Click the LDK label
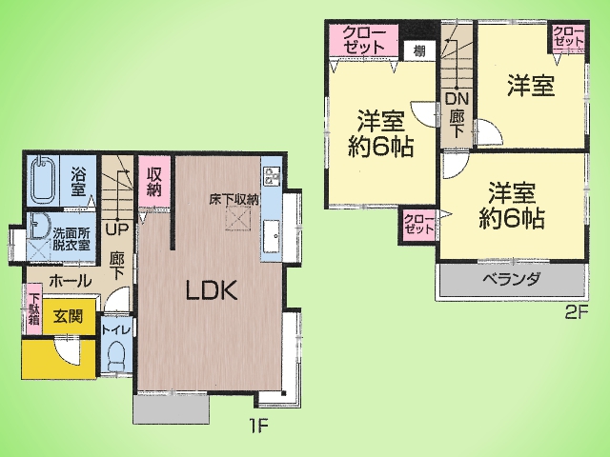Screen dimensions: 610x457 click(x=212, y=291)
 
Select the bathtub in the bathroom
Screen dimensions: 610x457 click(x=43, y=180)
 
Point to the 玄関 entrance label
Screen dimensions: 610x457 click(x=68, y=316)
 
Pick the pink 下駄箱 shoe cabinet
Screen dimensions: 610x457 click(x=34, y=308)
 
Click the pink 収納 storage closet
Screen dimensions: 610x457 click(x=154, y=182)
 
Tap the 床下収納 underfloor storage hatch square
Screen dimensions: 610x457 click(x=238, y=219)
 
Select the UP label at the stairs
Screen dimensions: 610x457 click(x=117, y=230)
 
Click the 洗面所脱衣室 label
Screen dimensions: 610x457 click(x=71, y=239)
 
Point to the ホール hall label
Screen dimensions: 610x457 click(x=71, y=280)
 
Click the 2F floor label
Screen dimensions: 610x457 click(x=576, y=313)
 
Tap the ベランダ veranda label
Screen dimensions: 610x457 click(x=512, y=279)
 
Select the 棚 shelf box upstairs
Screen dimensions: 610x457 click(x=419, y=50)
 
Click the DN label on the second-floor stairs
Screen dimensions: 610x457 click(x=457, y=99)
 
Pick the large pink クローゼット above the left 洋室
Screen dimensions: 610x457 click(x=364, y=41)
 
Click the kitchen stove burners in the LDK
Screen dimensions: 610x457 click(x=272, y=176)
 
